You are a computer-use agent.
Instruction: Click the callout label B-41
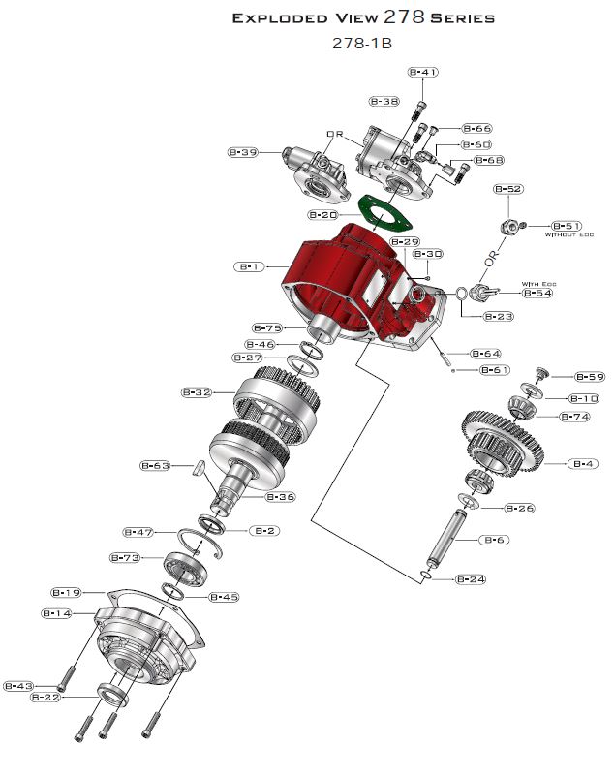pos(422,72)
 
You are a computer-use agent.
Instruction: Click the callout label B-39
pos(242,152)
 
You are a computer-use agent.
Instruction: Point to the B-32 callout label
pos(197,392)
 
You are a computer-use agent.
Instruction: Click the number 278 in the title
pos(405,17)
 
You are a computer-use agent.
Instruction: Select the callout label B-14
pos(56,613)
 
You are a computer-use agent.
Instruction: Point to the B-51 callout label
pos(566,225)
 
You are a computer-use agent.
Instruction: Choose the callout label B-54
pos(537,293)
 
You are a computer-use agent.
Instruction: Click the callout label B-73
pos(125,558)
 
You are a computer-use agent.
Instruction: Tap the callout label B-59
pos(590,377)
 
